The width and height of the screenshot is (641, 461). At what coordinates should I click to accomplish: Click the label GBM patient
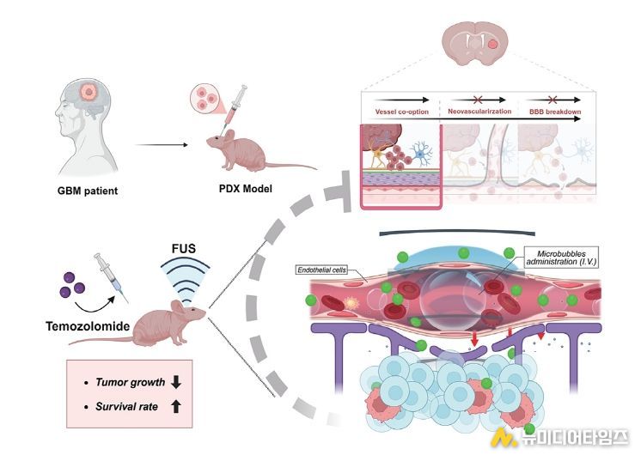(88, 191)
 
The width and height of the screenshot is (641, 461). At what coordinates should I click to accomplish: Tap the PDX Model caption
(245, 188)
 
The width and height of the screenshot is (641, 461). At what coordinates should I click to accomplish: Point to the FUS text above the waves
(184, 248)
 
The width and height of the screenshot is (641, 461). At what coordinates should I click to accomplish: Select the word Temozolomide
(88, 326)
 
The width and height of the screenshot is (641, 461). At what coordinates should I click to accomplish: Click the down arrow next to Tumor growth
(176, 382)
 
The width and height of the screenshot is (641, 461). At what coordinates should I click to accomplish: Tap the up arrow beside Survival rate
(176, 406)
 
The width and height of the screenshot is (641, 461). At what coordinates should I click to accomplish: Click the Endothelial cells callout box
(321, 270)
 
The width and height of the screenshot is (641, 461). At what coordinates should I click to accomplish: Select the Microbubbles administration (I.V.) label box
(561, 258)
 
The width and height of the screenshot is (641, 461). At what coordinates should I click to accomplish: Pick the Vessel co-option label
(402, 112)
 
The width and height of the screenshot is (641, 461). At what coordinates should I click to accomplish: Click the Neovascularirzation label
(479, 111)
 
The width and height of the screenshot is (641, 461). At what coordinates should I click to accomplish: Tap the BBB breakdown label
(555, 112)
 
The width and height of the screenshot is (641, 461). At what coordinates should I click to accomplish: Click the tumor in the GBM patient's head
(88, 92)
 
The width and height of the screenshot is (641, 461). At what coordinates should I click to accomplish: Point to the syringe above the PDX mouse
(235, 108)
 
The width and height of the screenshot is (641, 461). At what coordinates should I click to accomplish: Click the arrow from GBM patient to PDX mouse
(162, 144)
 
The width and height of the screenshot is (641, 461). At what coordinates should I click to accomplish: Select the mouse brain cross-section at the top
(474, 44)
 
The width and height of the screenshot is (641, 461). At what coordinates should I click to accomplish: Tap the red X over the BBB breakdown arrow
(552, 100)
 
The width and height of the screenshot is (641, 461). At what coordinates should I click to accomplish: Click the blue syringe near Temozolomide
(111, 277)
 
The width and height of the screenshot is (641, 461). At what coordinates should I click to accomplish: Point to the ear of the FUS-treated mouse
(177, 306)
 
